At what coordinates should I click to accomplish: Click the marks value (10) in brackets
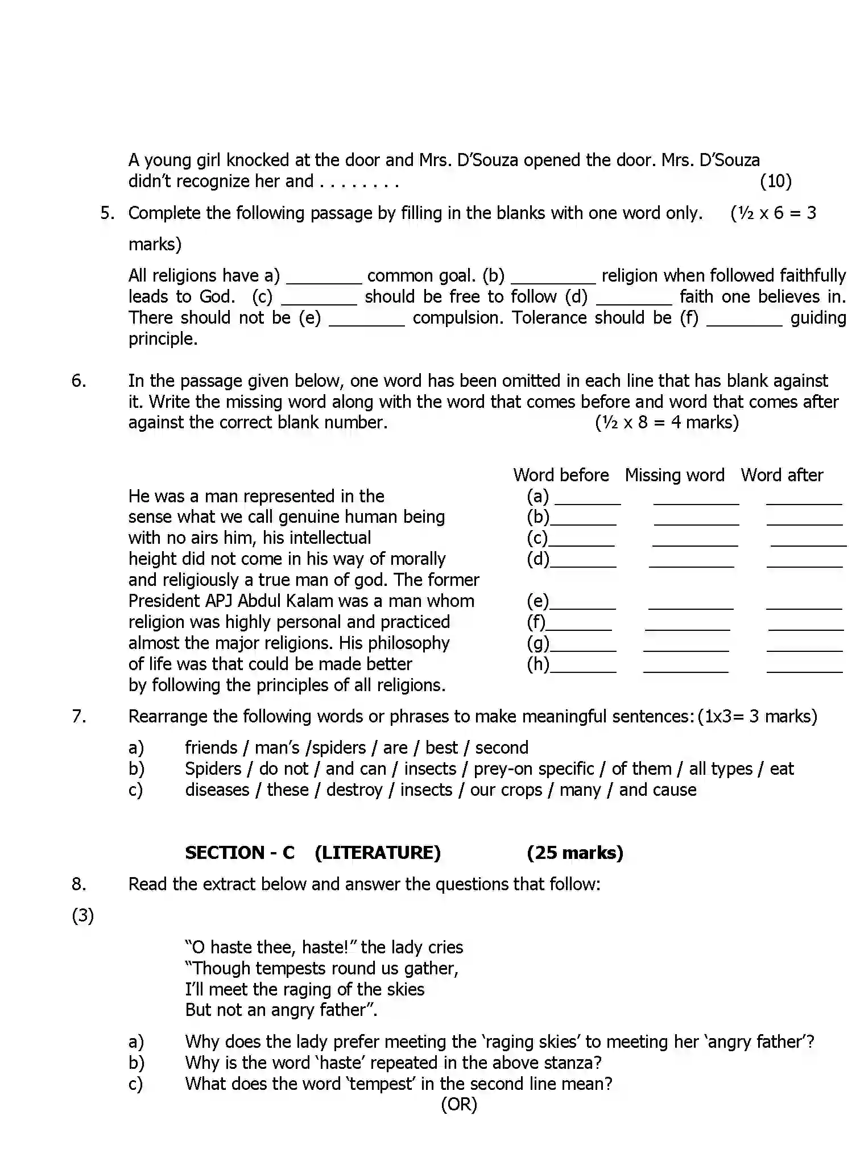coord(775,181)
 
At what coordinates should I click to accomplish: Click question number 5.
coord(107,213)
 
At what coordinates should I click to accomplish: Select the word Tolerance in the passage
coord(549,317)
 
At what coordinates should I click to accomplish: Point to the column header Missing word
coord(675,475)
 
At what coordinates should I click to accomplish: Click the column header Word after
coord(781,475)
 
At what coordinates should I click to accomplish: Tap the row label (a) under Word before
coord(537,497)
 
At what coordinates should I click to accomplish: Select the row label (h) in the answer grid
coord(537,664)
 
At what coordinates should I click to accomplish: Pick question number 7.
coord(79,716)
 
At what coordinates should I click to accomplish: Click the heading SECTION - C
coord(239,853)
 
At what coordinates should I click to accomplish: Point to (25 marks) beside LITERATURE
coord(574,853)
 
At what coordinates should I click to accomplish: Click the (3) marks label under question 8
coord(82,916)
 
